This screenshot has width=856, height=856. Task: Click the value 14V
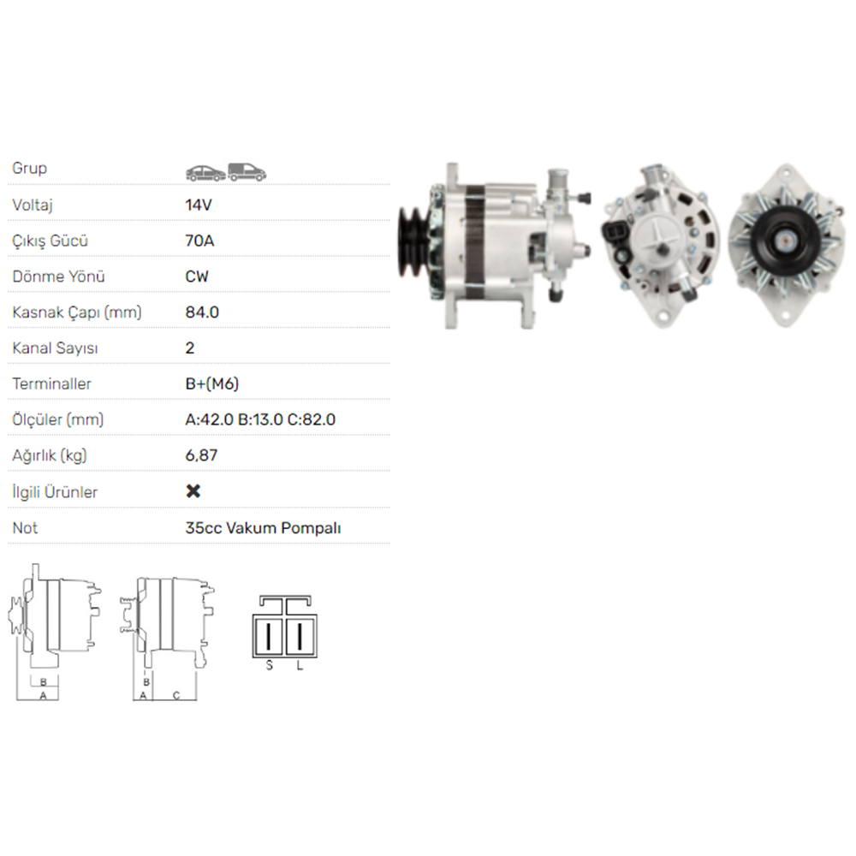199,205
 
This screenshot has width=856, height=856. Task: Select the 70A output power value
199,241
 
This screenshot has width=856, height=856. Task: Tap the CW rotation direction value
197,276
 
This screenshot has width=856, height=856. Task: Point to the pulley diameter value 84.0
202,312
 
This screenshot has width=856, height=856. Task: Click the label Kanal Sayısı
55,348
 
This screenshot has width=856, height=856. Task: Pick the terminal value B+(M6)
211,383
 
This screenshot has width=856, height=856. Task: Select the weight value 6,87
201,455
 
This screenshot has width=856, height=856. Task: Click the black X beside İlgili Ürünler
193,491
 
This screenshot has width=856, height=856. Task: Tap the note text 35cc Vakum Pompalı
263,528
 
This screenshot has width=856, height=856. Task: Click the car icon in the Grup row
205,173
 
